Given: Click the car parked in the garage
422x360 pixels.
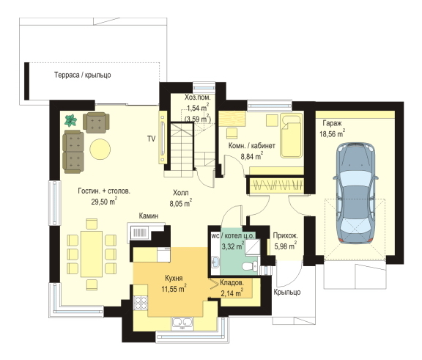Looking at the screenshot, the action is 355,194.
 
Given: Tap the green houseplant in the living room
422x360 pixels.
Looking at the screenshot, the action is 71,120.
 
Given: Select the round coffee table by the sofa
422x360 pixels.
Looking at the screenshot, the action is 100,149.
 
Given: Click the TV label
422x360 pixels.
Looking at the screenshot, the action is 151,139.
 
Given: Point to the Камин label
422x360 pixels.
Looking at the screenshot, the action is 149,216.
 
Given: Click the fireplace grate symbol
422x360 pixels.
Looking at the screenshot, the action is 139,232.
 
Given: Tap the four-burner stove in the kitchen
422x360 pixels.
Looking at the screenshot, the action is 141,303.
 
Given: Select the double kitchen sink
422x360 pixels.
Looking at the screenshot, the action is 182,323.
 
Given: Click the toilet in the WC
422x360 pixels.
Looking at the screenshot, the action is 250,267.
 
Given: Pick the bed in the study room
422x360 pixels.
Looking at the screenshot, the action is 291,136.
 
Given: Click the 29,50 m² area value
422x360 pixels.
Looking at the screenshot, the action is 104,202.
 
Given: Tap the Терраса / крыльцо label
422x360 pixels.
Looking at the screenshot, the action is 83,75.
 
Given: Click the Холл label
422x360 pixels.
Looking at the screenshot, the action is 180,193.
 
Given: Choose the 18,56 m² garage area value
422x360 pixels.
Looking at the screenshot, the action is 333,133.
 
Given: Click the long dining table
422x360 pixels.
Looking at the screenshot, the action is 92,254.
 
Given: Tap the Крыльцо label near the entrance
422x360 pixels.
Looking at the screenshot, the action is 287,292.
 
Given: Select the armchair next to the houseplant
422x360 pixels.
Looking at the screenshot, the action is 96,122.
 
